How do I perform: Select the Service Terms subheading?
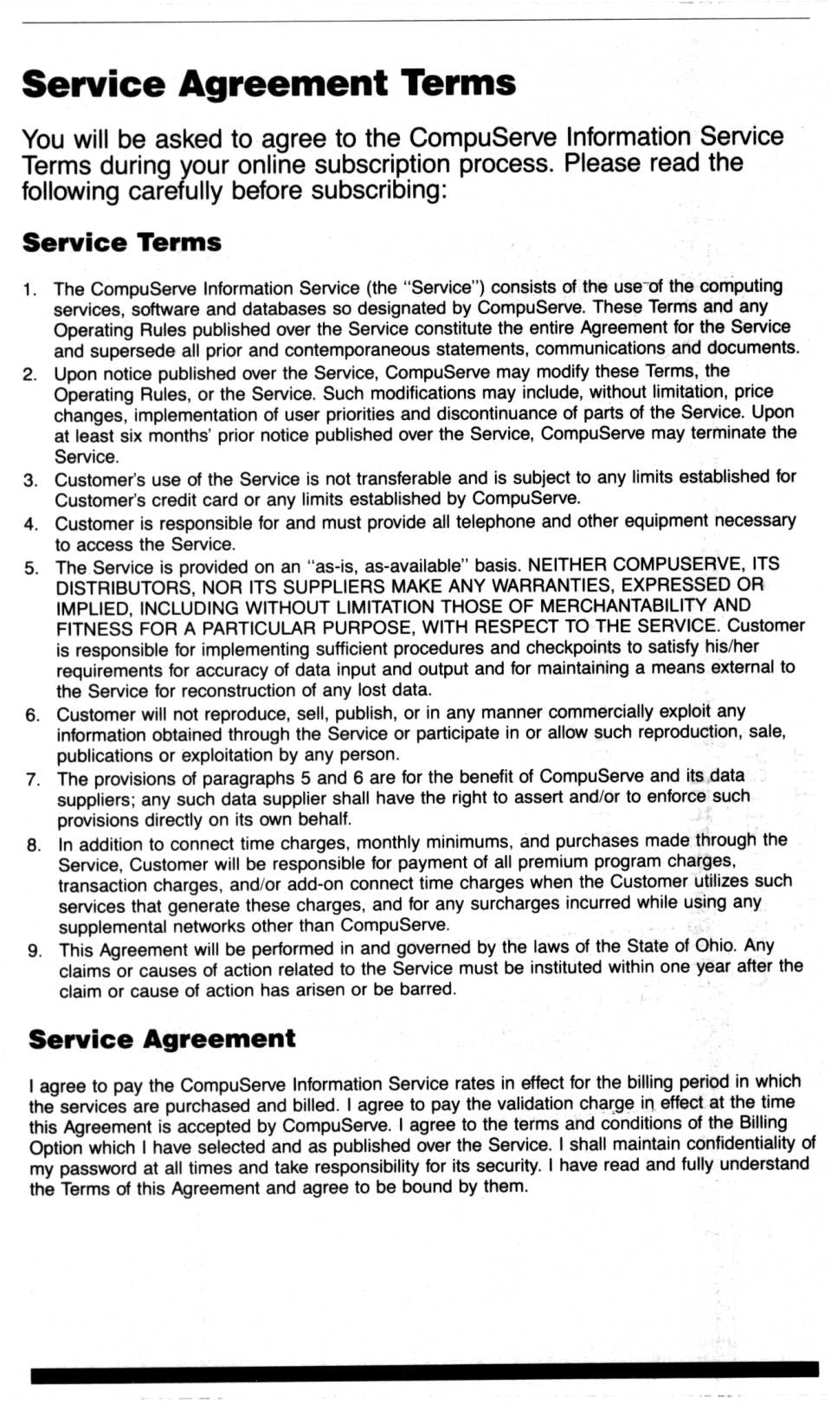122,243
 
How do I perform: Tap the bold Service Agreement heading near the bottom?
162,1039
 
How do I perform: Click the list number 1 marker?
30,290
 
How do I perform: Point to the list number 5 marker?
32,569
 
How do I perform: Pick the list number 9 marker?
35,951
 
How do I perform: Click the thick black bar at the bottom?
424,1368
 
